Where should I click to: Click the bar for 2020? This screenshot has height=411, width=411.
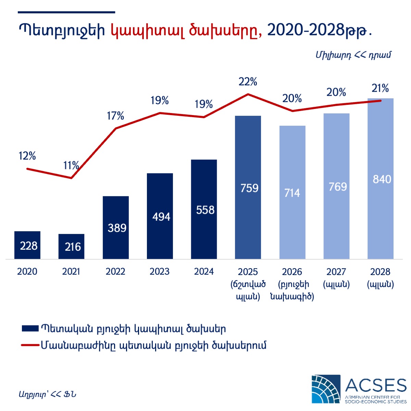pos(27,245)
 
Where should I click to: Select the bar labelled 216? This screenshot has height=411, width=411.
pos(71,246)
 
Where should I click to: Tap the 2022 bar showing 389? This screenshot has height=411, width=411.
pos(116,227)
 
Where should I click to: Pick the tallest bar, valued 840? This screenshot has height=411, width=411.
pos(380,178)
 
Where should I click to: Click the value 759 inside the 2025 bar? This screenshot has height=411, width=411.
pos(249,188)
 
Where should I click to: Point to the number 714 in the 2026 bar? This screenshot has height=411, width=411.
pos(292,193)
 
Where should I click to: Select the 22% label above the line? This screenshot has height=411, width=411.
pos(248,82)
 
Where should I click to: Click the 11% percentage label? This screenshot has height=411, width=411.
pos(71,166)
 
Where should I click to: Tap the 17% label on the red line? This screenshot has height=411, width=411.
pos(115,116)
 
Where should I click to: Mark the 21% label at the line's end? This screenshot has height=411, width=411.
pos(380,88)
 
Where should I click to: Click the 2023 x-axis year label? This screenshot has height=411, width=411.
pos(160,272)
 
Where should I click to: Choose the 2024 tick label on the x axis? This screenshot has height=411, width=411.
pos(204,272)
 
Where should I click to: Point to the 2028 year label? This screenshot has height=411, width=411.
pos(380,272)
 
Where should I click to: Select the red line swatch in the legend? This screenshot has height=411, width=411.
pos(30,345)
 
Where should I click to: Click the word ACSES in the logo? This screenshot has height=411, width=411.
pos(375,385)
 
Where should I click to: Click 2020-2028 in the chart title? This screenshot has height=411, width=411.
pos(305,30)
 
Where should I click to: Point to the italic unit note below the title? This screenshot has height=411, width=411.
pos(353,55)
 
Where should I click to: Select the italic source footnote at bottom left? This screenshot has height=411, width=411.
pos(47,394)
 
